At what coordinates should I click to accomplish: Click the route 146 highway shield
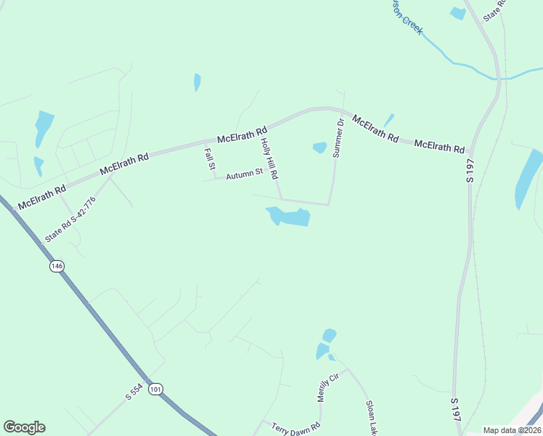(x=57, y=266)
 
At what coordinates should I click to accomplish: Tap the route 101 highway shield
(x=155, y=389)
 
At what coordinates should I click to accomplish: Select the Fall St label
(x=209, y=160)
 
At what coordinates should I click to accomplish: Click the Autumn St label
(x=243, y=174)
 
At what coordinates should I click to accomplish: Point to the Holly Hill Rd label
(x=269, y=158)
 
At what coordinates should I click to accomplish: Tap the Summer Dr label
(x=338, y=138)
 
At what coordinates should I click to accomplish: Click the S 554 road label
(x=134, y=392)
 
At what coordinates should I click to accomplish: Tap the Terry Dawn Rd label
(x=295, y=428)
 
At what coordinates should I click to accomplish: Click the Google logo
(x=24, y=427)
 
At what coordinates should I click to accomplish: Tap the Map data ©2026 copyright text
(x=512, y=430)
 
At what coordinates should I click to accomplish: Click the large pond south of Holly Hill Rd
(x=290, y=217)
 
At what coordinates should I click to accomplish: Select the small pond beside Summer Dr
(x=319, y=148)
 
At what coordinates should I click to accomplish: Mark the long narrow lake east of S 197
(x=528, y=179)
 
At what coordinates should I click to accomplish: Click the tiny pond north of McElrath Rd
(x=197, y=82)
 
